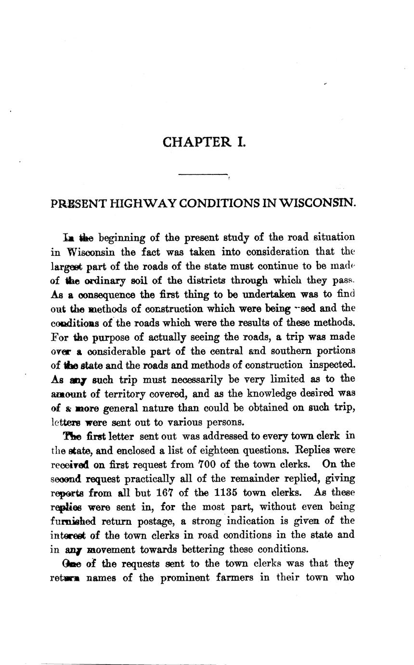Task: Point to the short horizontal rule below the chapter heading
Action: tap(202, 174)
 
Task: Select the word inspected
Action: tap(333, 365)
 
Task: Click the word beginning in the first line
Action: tap(121, 238)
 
